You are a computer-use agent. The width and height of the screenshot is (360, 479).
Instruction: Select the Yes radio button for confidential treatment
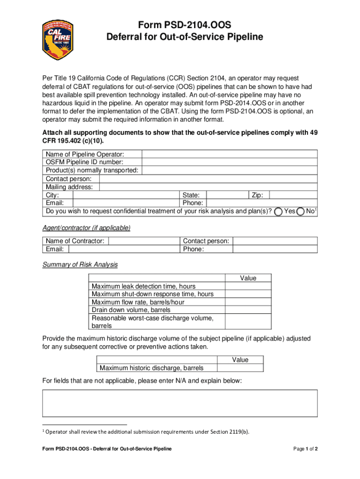click(x=279, y=211)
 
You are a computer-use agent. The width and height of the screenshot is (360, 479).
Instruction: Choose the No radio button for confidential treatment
click(x=301, y=211)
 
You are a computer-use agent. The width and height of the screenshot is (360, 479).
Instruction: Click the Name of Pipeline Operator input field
click(x=230, y=154)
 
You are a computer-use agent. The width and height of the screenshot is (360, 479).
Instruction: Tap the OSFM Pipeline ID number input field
click(x=230, y=162)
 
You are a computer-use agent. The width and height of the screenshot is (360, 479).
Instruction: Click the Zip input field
click(x=294, y=195)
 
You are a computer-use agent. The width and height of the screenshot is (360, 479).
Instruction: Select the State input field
click(x=226, y=195)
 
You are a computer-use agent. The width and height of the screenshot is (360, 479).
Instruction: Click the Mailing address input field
click(x=209, y=187)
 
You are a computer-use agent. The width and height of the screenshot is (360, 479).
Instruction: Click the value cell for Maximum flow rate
click(x=248, y=302)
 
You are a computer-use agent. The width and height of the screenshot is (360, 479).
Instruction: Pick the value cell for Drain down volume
click(x=248, y=310)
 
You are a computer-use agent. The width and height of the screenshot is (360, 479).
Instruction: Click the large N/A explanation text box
click(x=180, y=403)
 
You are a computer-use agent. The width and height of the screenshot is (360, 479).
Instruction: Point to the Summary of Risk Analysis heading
click(x=80, y=265)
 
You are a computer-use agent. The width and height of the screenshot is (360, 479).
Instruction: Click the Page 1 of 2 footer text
click(x=305, y=449)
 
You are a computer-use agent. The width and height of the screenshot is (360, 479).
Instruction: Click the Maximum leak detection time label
click(x=144, y=286)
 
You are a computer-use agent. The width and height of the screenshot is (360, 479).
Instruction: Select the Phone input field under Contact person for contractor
click(x=261, y=249)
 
